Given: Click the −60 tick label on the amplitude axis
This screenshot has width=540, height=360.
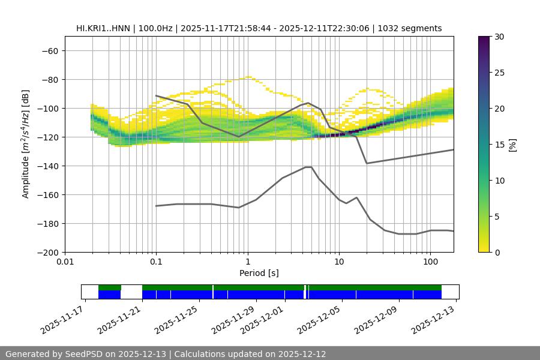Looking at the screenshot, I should click(x=49, y=51).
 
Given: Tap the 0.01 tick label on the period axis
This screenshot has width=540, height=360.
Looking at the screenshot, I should click(x=65, y=262).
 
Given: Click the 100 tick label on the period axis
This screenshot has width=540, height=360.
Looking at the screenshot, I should click(x=430, y=262).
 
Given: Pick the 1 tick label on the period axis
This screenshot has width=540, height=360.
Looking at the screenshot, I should click(x=247, y=262).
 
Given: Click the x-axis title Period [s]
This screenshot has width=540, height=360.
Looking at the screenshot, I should click(x=259, y=273).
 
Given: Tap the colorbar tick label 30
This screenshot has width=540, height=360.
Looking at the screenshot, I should click(x=499, y=37).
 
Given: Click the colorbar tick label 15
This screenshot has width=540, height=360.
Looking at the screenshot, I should click(x=499, y=145).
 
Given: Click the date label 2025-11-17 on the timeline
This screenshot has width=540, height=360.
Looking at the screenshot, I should click(x=63, y=319).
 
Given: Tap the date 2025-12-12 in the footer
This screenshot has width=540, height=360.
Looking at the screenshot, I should click(x=302, y=354).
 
